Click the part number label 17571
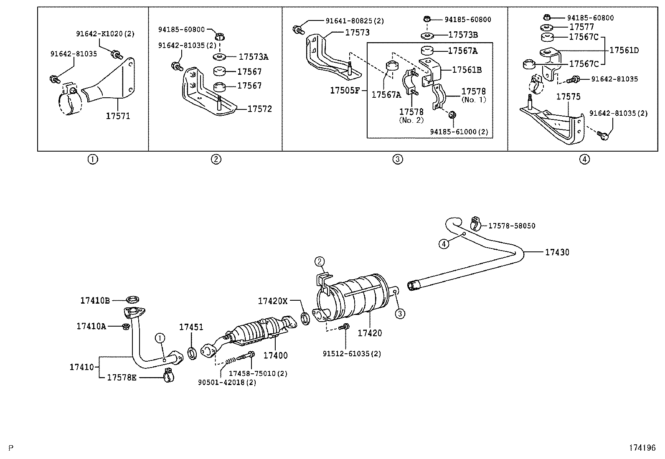point(118,116)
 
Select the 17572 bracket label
point(259,109)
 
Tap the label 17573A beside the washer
point(253,57)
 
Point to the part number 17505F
point(345,90)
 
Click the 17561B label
point(467,70)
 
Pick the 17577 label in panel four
point(581,27)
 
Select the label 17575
point(568,96)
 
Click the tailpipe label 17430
point(557,252)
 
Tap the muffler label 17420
point(370,333)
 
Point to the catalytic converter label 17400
point(275,355)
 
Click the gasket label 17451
point(191,327)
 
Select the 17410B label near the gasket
point(95,300)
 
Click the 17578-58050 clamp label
point(512,226)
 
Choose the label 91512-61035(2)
point(352,354)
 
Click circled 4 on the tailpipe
point(444,243)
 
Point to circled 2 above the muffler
point(320,262)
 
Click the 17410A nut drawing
point(125,326)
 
